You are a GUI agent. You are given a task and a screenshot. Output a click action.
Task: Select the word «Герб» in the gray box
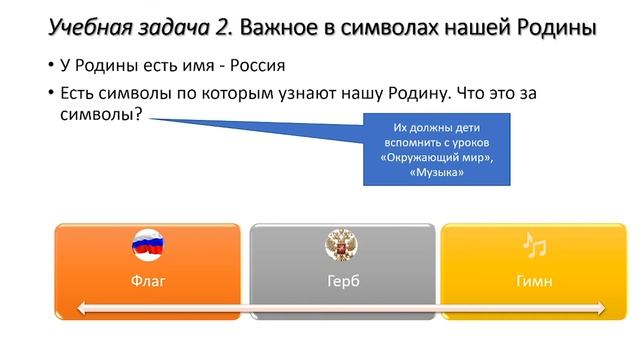point(342,281)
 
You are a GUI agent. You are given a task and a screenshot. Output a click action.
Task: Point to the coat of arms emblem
point(342,244)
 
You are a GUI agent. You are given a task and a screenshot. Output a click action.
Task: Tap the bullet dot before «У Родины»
point(51,68)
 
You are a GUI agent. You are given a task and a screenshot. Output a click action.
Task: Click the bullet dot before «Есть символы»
point(51,93)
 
